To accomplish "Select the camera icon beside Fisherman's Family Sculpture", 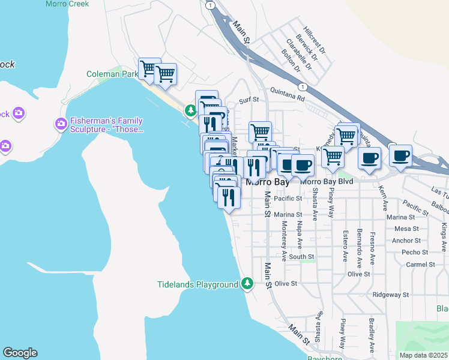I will (x=61, y=124).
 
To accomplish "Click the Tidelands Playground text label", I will (x=198, y=284).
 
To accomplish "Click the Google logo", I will (x=20, y=353).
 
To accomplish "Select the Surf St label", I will (x=249, y=101).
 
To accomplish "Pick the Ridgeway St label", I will (x=390, y=295).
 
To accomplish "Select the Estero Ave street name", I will (x=345, y=246).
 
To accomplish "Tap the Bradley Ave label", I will (x=372, y=335).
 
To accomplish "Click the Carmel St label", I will (x=420, y=264).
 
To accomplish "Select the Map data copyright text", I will (x=424, y=355).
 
